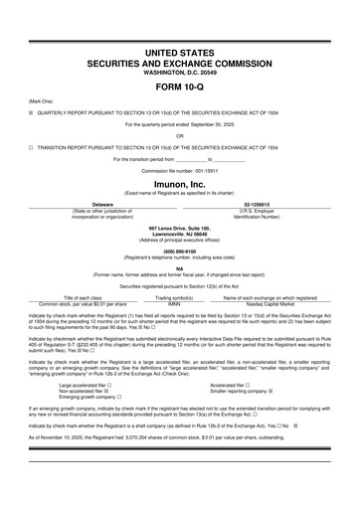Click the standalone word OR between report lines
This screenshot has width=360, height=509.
[180, 135]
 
